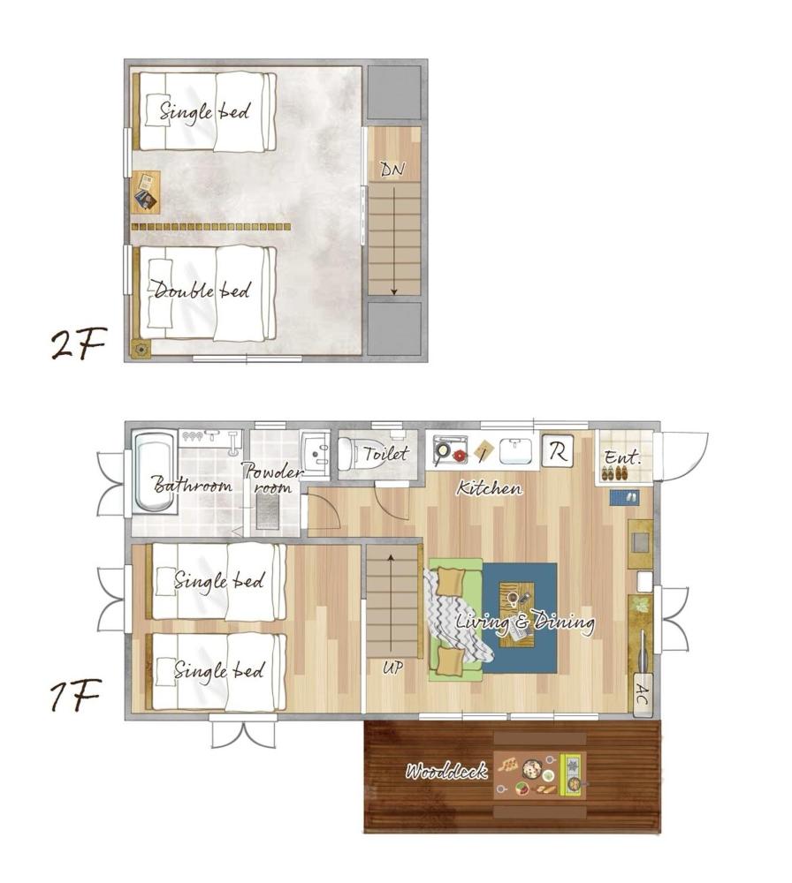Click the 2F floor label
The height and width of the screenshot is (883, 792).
click(77, 344)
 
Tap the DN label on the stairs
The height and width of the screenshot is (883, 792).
click(392, 169)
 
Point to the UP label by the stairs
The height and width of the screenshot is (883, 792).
click(392, 668)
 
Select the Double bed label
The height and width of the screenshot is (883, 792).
click(202, 291)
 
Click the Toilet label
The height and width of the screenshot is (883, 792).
click(385, 455)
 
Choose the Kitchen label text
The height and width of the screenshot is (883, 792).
click(489, 488)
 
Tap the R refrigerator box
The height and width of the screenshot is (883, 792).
click(557, 451)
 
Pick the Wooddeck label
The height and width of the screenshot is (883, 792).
click(446, 772)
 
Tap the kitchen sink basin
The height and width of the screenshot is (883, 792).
click(515, 451)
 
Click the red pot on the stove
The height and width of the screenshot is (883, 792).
click(459, 456)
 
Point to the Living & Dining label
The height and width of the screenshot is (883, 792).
click(525, 622)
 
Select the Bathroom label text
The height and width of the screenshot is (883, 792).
click(192, 485)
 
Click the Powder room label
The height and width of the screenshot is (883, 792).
click(272, 478)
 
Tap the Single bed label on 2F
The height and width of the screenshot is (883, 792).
click(205, 111)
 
